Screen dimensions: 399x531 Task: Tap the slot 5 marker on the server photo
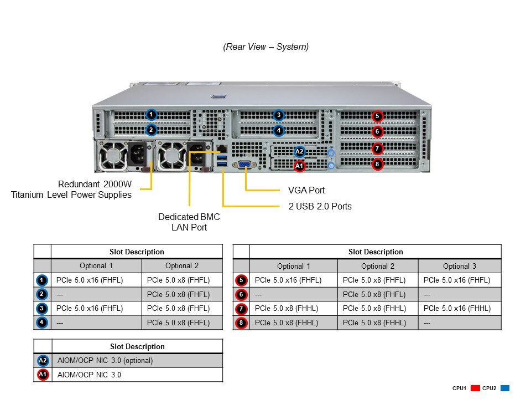click(x=377, y=116)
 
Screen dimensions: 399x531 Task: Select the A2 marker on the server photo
click(x=299, y=151)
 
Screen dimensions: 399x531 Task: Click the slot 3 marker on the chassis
click(x=279, y=115)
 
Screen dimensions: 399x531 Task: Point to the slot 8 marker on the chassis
click(x=377, y=163)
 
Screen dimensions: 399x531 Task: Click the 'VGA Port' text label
click(x=306, y=190)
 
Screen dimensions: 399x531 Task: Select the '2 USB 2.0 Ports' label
click(x=320, y=206)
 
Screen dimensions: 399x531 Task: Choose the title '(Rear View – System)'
click(x=265, y=47)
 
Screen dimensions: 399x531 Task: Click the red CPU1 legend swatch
click(x=475, y=388)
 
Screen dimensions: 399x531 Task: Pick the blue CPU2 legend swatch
click(x=504, y=388)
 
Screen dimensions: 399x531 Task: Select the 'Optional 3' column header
click(x=459, y=266)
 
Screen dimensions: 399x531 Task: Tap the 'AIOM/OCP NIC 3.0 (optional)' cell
click(x=105, y=360)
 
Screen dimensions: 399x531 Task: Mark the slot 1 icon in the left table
click(x=43, y=280)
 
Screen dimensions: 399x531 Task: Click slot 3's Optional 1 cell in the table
click(x=90, y=309)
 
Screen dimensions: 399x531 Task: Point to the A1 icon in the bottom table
click(x=43, y=375)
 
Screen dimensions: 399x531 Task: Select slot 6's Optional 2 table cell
click(x=374, y=295)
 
